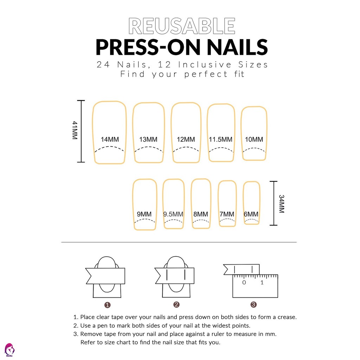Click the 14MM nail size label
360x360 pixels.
pos(110,139)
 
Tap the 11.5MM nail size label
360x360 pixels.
pos(220,139)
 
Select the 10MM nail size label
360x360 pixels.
pos(254,139)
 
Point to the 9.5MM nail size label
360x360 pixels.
pos(173,214)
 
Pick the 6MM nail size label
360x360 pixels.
pos(251,214)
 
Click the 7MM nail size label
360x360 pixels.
pos(227,214)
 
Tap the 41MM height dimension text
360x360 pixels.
pos(75,130)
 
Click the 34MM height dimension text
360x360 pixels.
pos(282,204)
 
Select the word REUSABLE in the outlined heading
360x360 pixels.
pos(182,26)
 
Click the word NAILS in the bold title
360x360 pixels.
pos(237,47)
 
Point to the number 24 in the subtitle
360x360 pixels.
pos(103,65)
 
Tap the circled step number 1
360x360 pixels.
pos(108,305)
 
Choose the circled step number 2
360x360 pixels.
pos(176,305)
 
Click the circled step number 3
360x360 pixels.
pos(253,305)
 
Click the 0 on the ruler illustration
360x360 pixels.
pos(244,282)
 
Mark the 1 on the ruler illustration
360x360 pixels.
pos(262,282)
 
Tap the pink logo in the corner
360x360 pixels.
pos(9,350)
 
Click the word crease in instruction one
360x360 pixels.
pos(287,317)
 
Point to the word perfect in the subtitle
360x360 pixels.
pos(206,74)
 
